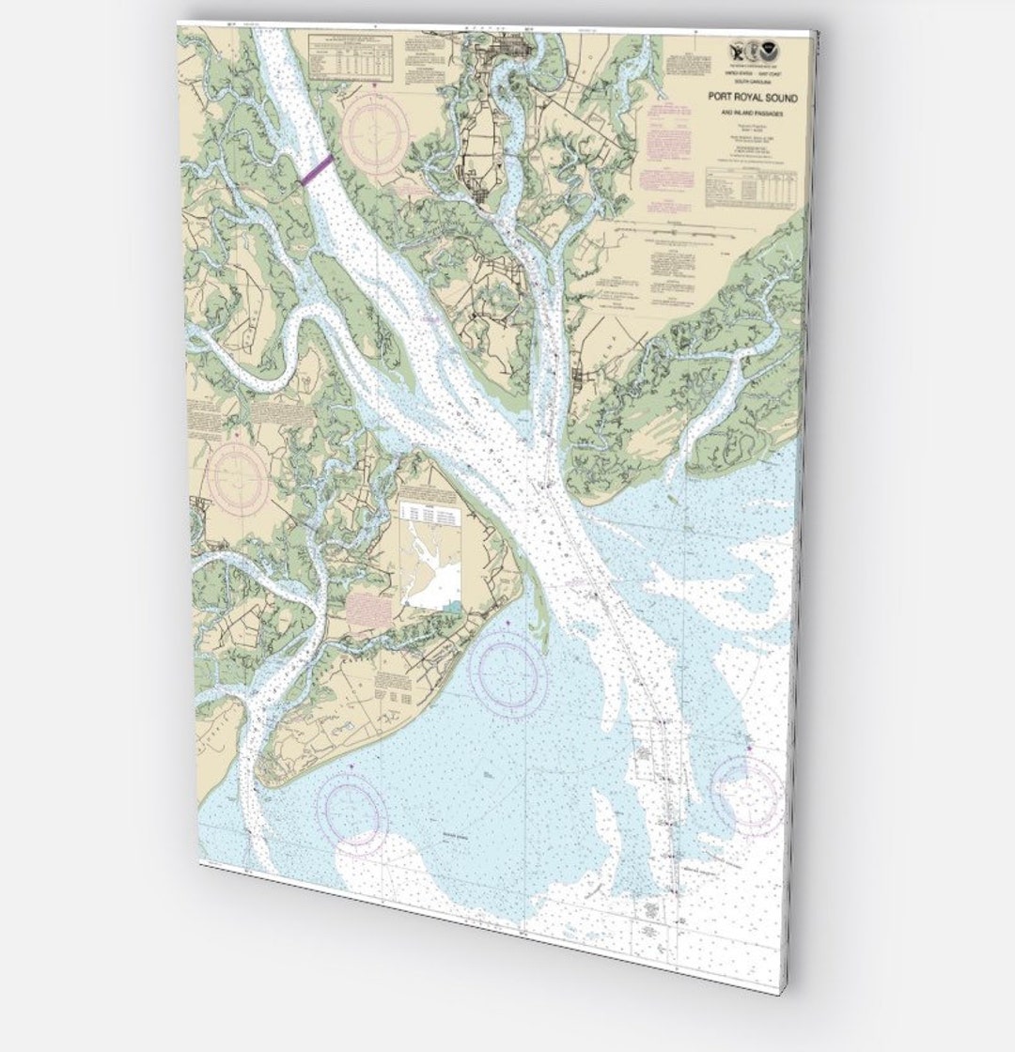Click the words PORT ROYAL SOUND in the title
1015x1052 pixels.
click(752, 97)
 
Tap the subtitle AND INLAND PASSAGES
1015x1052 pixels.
click(750, 113)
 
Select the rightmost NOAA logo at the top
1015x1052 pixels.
click(773, 53)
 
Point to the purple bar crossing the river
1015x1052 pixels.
click(316, 170)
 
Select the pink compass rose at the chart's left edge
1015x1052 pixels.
click(239, 477)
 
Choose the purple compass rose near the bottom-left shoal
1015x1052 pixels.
click(351, 810)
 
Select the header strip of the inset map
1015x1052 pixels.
click(429, 512)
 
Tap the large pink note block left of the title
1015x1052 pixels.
click(669, 141)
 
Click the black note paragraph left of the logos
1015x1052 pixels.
click(692, 60)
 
